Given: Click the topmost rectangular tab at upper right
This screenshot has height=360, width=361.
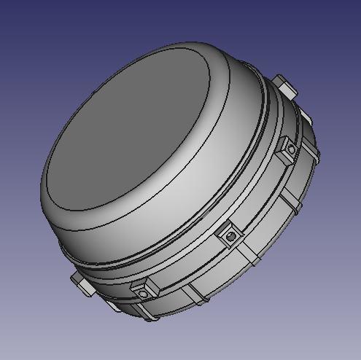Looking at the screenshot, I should (286, 85).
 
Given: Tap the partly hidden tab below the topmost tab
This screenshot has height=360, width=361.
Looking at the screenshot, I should (306, 117).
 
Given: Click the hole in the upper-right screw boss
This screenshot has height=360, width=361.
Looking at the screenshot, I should (292, 150).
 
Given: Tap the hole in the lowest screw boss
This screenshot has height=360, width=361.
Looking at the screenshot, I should (143, 294).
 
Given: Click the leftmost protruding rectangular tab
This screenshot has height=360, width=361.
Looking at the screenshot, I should (82, 283).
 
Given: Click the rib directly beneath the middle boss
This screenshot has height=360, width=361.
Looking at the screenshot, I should (252, 256).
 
